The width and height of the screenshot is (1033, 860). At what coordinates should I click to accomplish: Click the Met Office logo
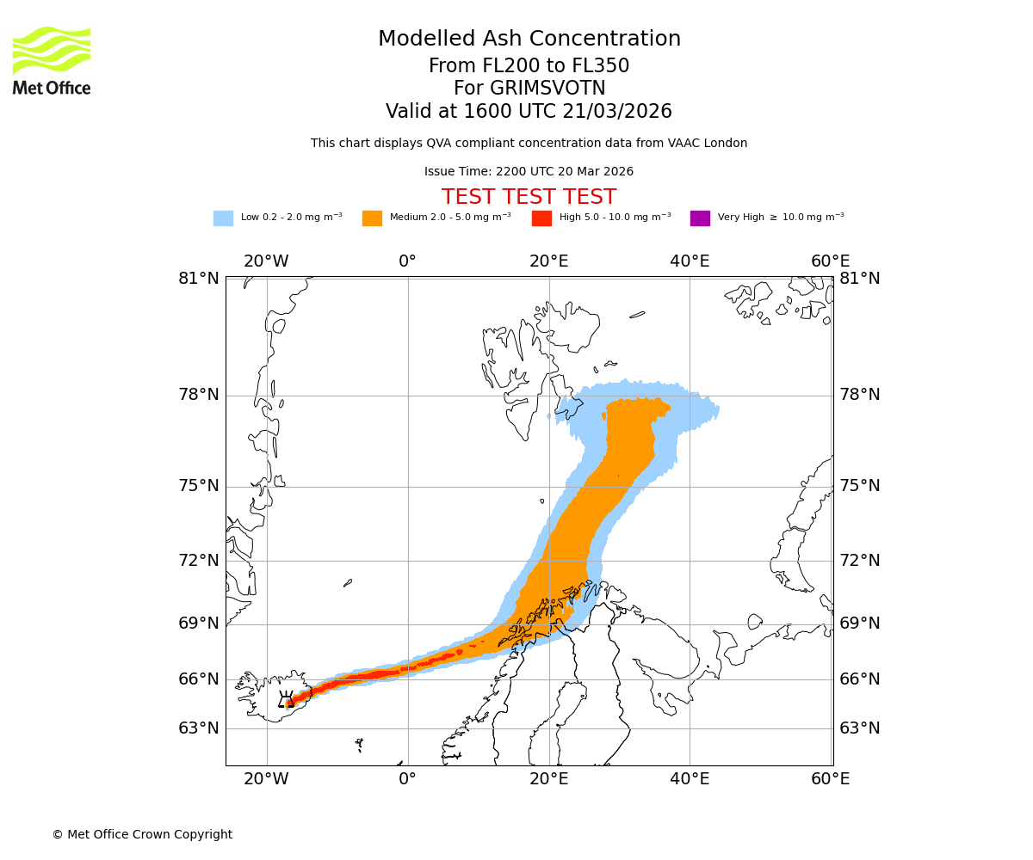(x=52, y=60)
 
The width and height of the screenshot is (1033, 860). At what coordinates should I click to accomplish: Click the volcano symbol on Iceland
(x=286, y=699)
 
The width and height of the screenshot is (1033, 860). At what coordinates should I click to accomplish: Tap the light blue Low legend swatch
(x=223, y=218)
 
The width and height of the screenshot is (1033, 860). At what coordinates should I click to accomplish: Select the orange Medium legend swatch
(x=372, y=218)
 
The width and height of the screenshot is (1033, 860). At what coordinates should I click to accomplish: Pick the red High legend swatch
(x=541, y=218)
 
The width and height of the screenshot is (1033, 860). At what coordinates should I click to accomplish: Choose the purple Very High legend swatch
(x=700, y=218)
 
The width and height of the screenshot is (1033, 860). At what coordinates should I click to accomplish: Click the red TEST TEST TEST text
(x=529, y=197)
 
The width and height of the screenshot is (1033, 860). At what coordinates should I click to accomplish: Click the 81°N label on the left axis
(x=199, y=278)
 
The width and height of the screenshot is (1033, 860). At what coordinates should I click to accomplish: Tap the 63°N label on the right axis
(x=860, y=728)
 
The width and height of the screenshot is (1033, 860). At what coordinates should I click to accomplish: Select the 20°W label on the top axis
(x=266, y=261)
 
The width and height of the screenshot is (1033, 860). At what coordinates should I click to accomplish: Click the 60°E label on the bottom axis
(x=830, y=779)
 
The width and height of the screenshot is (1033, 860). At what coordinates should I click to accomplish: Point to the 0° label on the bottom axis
(x=407, y=779)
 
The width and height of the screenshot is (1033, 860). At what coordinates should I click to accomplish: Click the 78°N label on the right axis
(x=860, y=395)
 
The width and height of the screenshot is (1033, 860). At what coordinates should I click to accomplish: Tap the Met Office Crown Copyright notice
(x=142, y=834)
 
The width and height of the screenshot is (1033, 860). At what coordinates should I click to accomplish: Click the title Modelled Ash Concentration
(x=529, y=39)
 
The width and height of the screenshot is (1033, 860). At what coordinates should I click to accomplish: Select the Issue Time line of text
(x=529, y=171)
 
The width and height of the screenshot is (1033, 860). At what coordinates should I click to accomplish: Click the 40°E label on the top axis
(x=689, y=261)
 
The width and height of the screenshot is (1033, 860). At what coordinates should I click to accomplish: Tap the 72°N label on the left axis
(x=199, y=561)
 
